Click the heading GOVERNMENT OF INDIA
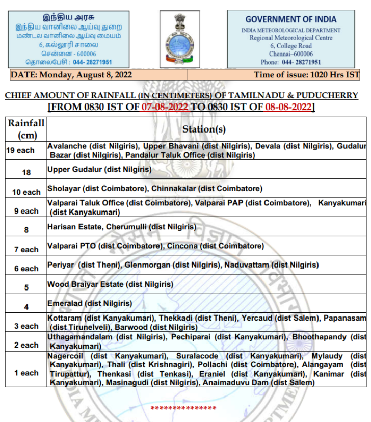[291, 19]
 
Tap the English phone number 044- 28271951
[301, 62]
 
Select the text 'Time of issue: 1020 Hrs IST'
[306, 75]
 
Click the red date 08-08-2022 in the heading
[288, 107]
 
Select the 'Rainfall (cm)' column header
[26, 129]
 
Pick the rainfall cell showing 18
[26, 172]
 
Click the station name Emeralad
[65, 303]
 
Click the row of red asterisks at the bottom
[183, 408]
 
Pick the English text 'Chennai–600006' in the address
[291, 54]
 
